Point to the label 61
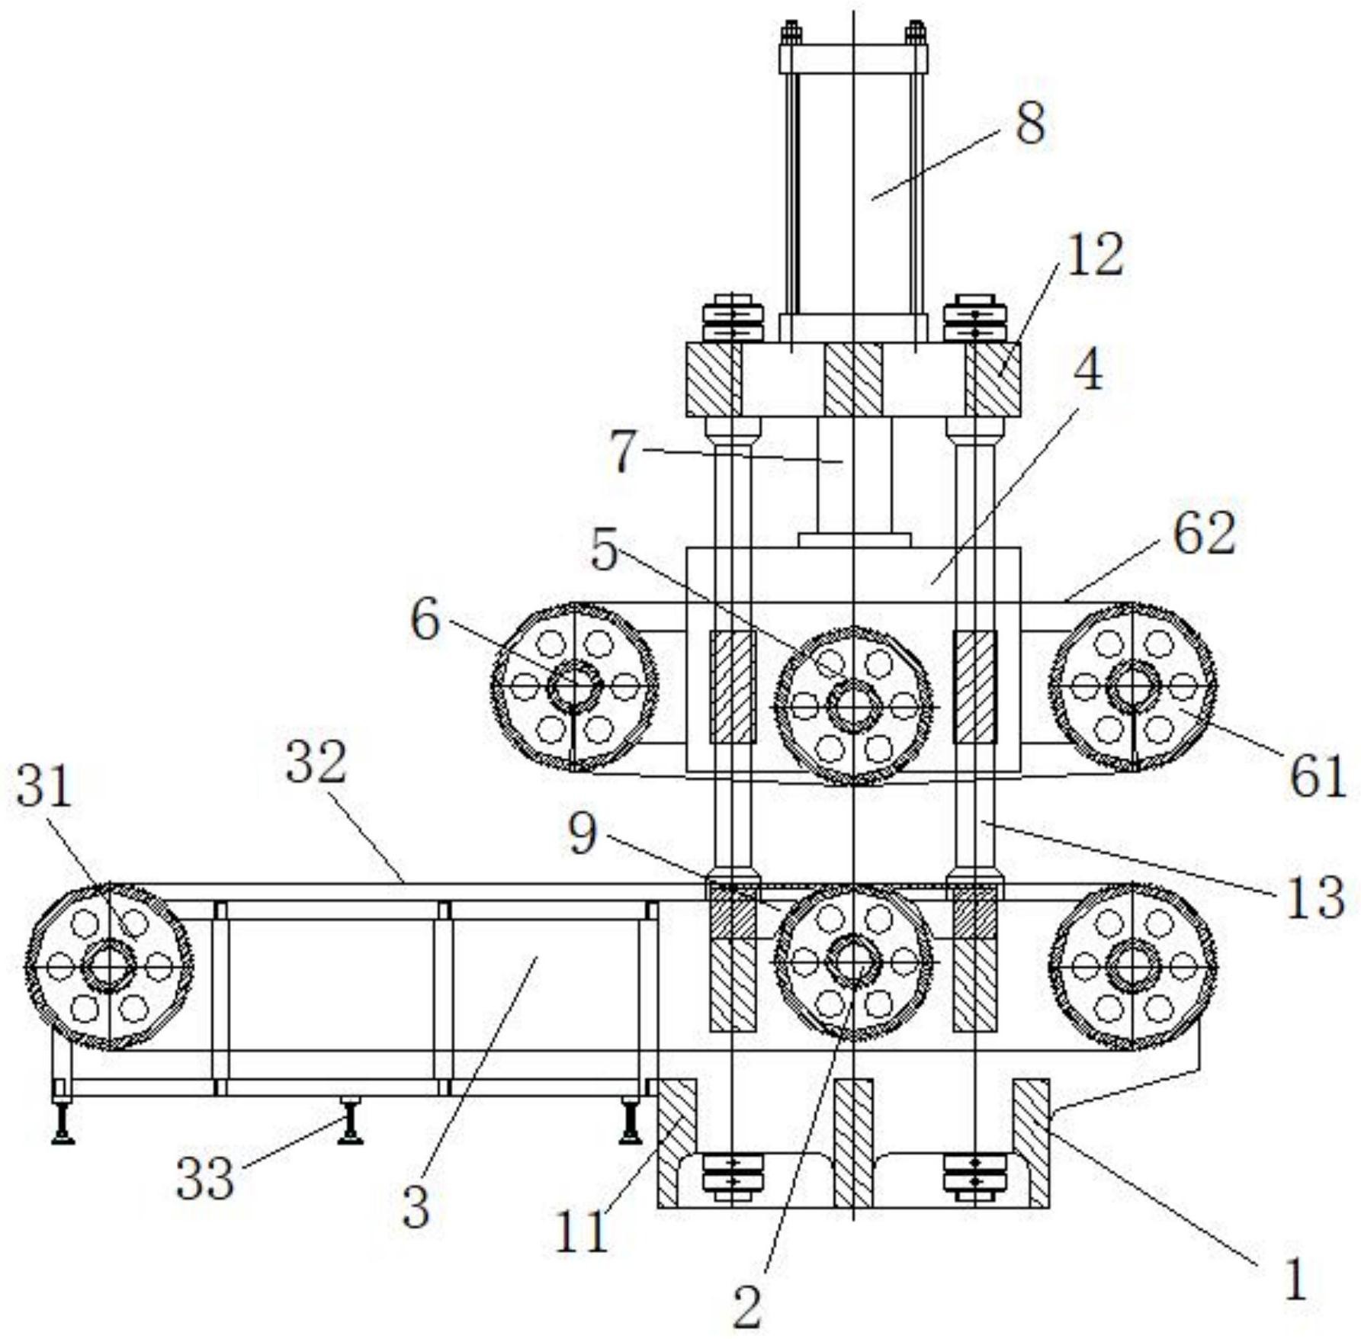(1316, 774)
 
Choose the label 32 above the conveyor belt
(316, 763)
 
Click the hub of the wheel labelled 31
(108, 967)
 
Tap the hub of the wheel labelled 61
(1133, 686)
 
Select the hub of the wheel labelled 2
(853, 963)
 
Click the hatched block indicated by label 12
(992, 379)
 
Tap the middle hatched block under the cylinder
(852, 379)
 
